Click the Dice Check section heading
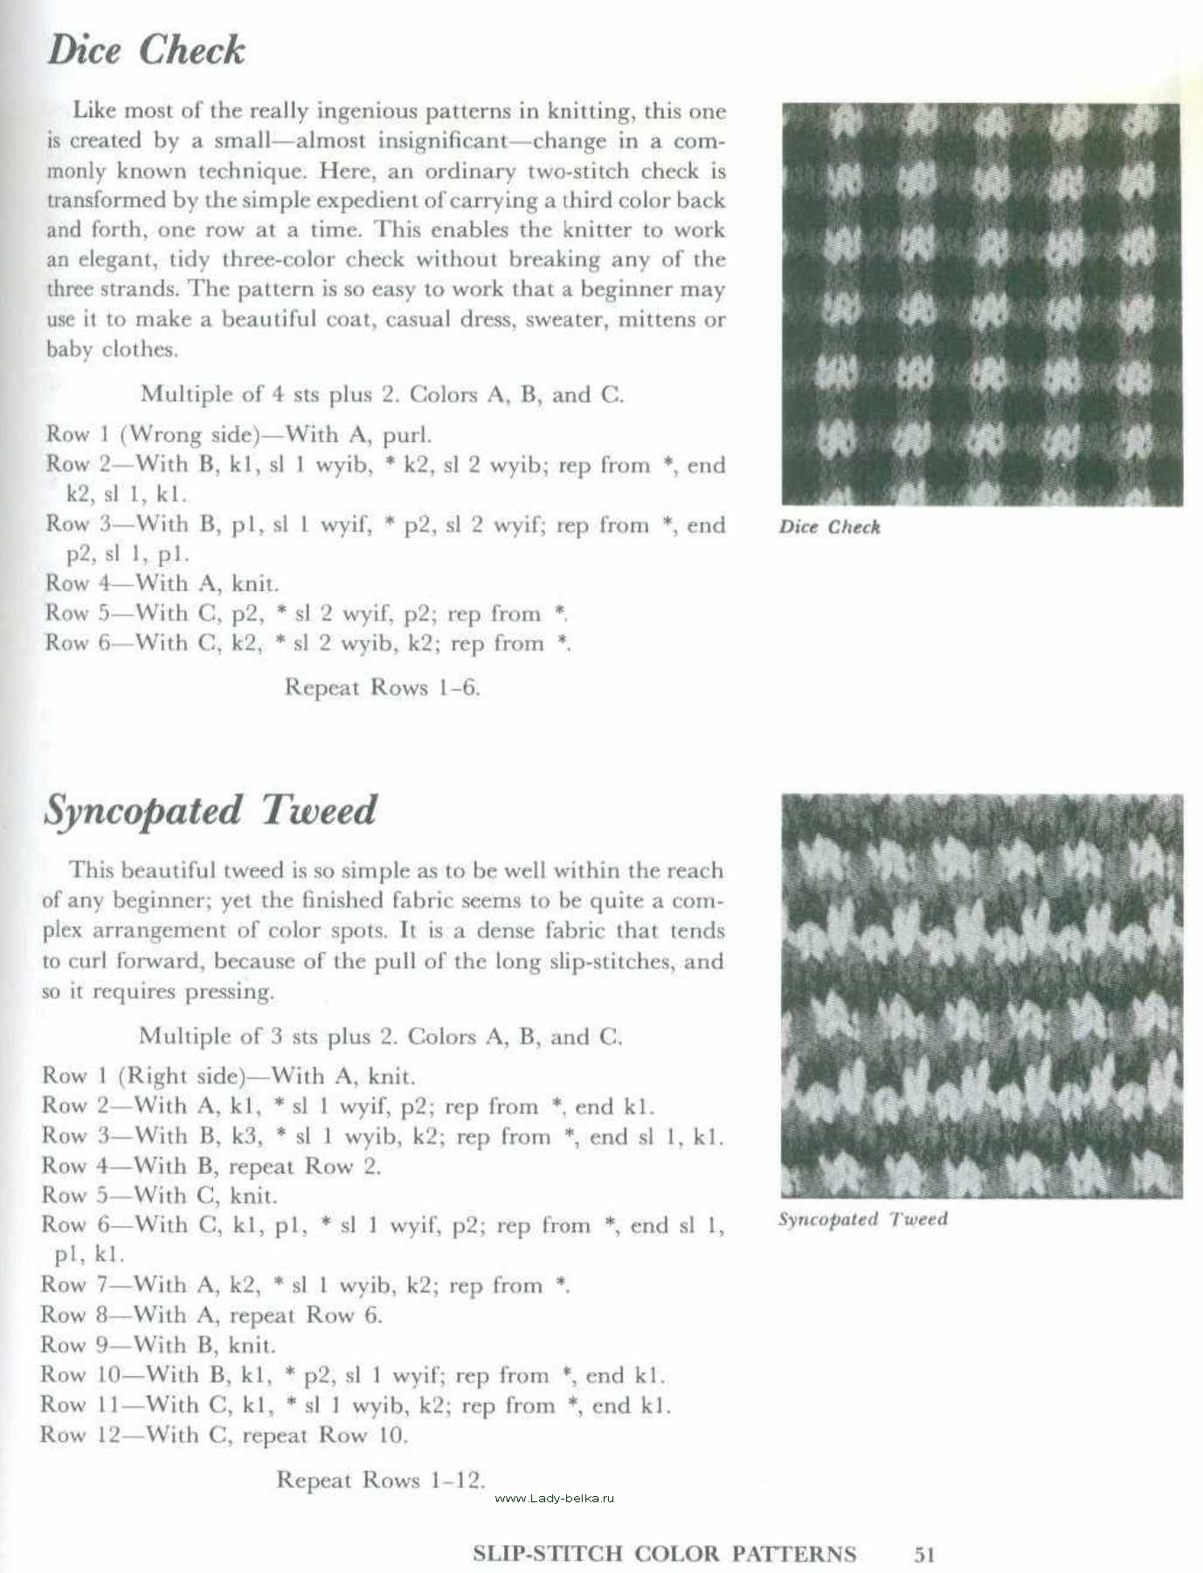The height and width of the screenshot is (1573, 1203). click(x=146, y=50)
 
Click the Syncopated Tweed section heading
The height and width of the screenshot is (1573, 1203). click(x=210, y=810)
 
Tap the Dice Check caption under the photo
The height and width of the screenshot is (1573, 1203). click(x=829, y=527)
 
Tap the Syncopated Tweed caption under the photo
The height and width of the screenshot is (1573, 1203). click(x=862, y=1219)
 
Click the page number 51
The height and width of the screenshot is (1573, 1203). click(x=924, y=1554)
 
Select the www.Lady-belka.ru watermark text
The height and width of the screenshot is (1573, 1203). click(x=554, y=1498)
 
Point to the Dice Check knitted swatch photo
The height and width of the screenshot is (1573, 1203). click(x=981, y=304)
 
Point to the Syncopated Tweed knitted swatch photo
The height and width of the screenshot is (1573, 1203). click(x=981, y=995)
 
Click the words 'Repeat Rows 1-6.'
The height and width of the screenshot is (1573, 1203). click(x=382, y=688)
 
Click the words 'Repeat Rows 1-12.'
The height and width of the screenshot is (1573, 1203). click(x=380, y=1479)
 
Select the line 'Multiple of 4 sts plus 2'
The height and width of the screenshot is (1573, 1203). click(x=382, y=394)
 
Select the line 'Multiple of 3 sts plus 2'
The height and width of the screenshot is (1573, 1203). click(x=380, y=1036)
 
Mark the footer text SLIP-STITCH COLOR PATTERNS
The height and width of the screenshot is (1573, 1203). click(x=664, y=1554)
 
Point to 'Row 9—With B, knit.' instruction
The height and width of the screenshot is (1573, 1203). click(x=158, y=1345)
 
